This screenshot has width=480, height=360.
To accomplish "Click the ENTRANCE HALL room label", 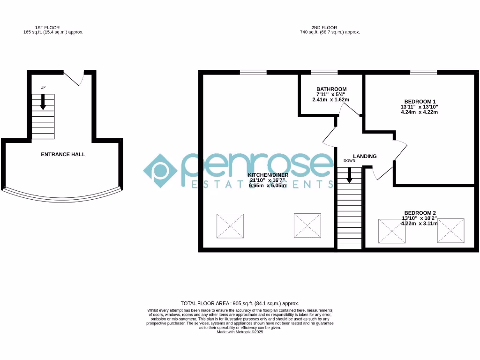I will coord(63,154).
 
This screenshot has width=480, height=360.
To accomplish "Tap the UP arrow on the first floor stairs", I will coord(43,102).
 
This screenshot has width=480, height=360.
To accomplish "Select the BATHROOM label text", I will coord(331,89).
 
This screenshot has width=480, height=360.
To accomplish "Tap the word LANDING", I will coord(365,156).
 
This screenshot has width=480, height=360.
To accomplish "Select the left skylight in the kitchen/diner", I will coord(230,226).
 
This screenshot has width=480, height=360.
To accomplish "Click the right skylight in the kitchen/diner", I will coord(307,226).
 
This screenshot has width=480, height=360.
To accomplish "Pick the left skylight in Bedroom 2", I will coord(391,231).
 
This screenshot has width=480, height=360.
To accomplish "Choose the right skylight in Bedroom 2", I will coord(450,231).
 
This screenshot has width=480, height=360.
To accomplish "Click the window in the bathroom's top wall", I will coord(324,72).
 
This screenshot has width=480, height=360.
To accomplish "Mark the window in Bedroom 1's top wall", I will coord(424,72).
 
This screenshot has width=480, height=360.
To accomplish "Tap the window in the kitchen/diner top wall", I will coord(253,72).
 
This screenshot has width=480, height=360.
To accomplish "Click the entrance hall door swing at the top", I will coord(75,78).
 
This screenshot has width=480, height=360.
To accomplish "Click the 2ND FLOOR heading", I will coord(324,28).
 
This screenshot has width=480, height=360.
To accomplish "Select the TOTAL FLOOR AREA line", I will coord(240,303).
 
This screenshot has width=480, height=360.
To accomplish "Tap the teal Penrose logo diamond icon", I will coord(160,170).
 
